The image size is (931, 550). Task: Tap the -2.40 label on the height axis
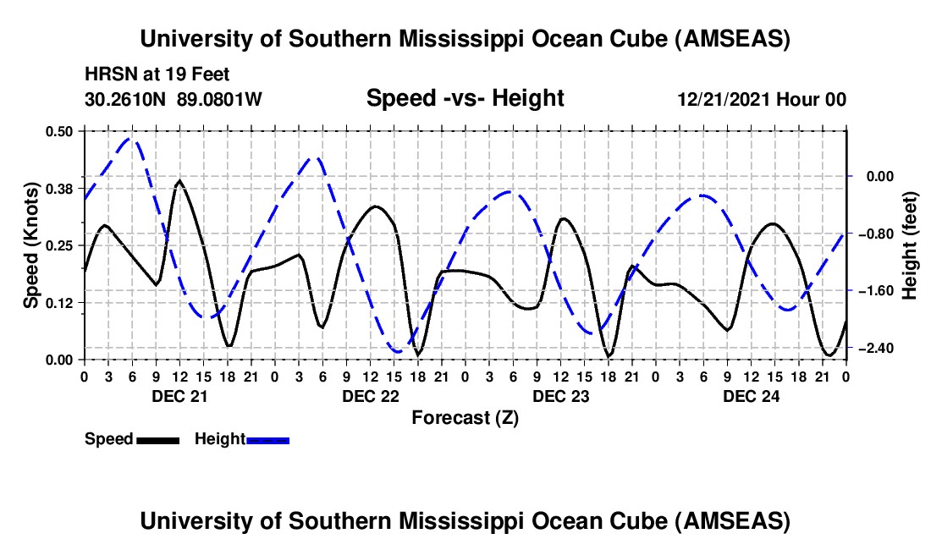[x=874, y=349]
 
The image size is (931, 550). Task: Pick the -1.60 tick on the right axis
[x=874, y=291]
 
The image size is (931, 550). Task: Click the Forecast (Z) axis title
[x=465, y=417]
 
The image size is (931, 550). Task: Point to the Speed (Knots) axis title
[x=30, y=245]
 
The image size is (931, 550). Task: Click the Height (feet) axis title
[x=910, y=245]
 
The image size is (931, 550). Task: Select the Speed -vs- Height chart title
[x=465, y=99]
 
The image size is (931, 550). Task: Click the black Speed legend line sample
[x=157, y=439]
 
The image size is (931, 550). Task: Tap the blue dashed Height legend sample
[x=267, y=439]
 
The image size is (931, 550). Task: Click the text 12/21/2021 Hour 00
[x=762, y=100]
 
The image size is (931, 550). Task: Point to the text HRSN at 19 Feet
[x=157, y=74]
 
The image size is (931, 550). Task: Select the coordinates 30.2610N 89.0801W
[x=174, y=100]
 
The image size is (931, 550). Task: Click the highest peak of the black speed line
[x=179, y=180]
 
